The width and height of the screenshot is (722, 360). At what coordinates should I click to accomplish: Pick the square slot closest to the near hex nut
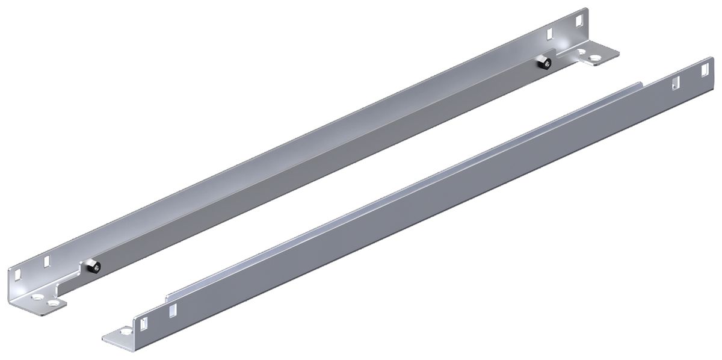(46, 262)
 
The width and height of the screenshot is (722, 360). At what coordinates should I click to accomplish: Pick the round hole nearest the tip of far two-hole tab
(596, 59)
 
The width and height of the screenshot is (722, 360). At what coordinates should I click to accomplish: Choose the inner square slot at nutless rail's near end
(173, 311)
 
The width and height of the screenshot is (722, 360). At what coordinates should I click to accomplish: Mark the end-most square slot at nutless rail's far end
(702, 72)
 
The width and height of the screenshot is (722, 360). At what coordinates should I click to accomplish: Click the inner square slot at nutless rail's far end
(675, 84)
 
